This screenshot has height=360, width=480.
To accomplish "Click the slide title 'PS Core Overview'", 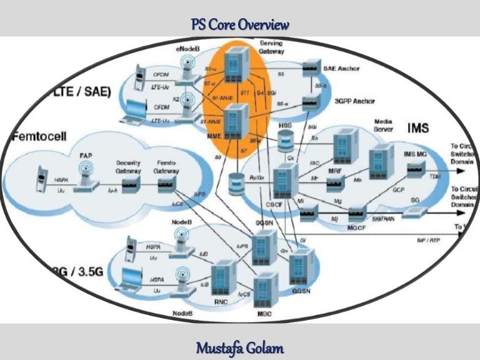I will (x=240, y=26).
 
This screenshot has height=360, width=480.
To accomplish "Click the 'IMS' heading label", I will (x=419, y=128).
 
